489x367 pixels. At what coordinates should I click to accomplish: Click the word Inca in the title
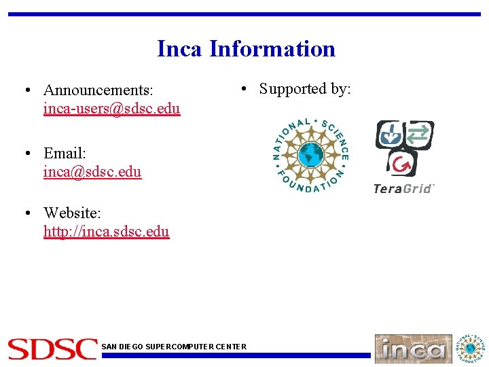tap(180, 49)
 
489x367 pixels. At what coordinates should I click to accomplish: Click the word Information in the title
tap(272, 49)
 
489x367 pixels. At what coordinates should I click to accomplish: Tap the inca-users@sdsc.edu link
tap(111, 109)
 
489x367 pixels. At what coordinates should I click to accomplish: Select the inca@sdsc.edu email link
tap(92, 171)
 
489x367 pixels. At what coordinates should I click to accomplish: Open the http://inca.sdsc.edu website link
tap(106, 231)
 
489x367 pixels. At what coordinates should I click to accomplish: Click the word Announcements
tap(98, 90)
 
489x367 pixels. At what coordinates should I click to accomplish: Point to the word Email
tap(65, 153)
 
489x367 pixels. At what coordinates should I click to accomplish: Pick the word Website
tap(72, 213)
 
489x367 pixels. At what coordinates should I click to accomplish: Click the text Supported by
tap(305, 89)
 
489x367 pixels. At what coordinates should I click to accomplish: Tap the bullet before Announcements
tap(25, 90)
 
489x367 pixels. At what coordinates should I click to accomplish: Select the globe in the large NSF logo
tap(310, 156)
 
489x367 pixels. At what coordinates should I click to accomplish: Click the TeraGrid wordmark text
tap(403, 188)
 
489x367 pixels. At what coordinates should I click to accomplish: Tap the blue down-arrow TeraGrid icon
tap(390, 134)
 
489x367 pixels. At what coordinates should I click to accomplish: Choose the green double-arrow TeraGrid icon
tap(419, 133)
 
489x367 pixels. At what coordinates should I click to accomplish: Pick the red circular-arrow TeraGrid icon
tap(403, 164)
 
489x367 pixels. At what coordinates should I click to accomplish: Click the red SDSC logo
tap(52, 349)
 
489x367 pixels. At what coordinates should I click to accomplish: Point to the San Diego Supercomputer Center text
tap(174, 347)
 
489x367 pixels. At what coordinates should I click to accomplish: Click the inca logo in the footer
tap(413, 349)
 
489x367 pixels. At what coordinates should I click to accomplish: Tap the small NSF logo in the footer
tap(471, 348)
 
